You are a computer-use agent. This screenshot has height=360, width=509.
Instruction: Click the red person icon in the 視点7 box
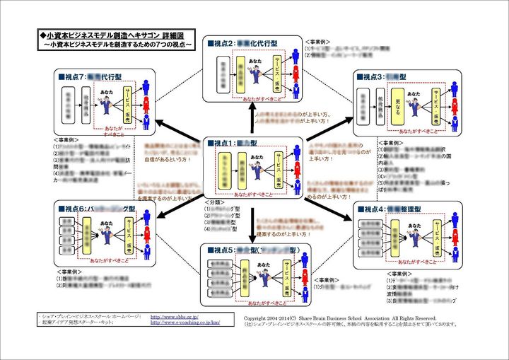pos(146,105)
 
